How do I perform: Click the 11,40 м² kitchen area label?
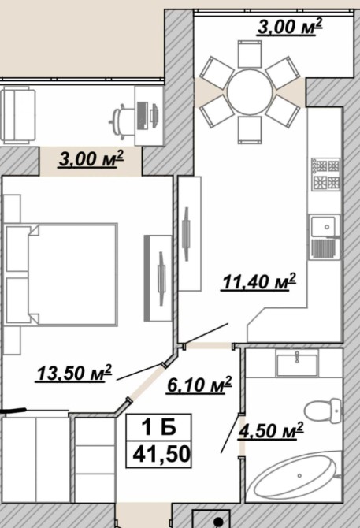point(258,281)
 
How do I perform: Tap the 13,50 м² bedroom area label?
point(74,373)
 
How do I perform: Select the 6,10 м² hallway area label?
point(199,385)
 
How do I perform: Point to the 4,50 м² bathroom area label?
point(271,430)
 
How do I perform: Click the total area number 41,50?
point(161,455)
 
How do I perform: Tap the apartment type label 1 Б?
point(158,428)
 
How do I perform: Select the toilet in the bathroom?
point(323,411)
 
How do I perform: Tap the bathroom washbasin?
point(296,363)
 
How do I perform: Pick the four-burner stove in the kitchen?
point(325,174)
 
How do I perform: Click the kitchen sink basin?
point(323,227)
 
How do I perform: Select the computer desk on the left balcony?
point(149,116)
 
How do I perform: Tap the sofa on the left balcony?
point(17,114)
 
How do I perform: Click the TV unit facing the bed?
point(158,278)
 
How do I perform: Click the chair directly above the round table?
point(250,54)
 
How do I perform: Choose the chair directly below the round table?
point(250,130)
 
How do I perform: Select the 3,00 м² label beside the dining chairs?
point(290,27)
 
